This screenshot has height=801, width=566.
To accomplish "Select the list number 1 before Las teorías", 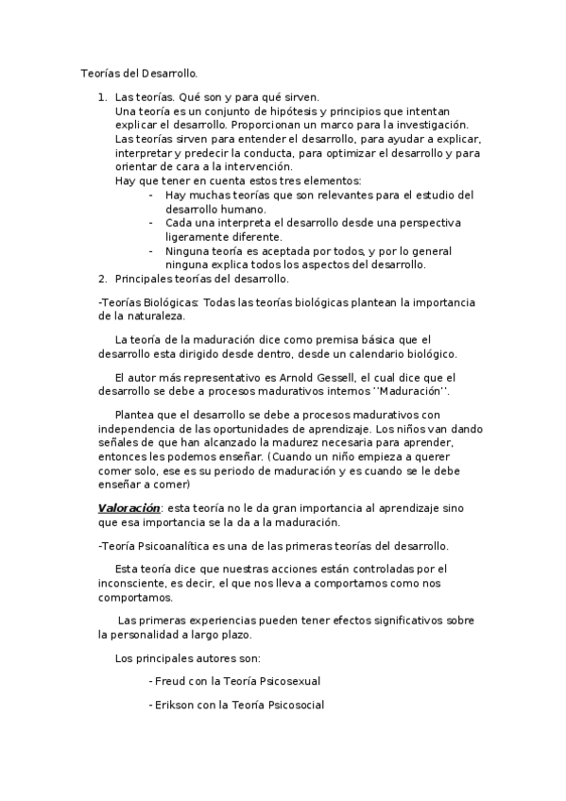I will (x=102, y=97).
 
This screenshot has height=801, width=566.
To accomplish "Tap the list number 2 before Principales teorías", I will (x=102, y=279).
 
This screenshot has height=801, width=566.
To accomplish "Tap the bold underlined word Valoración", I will (x=129, y=507).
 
